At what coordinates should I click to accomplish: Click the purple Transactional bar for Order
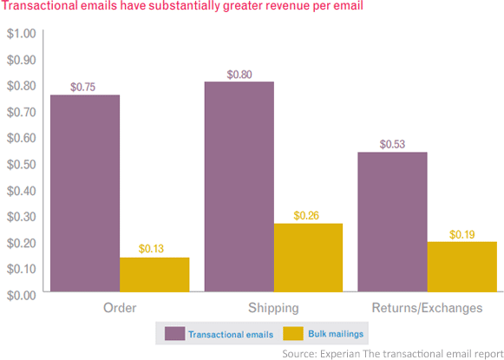click(84, 193)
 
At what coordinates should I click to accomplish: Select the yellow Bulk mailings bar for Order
click(154, 275)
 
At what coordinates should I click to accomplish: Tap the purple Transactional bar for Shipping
click(239, 187)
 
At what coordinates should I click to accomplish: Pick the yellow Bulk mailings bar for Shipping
click(308, 258)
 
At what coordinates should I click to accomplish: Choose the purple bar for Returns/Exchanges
click(392, 223)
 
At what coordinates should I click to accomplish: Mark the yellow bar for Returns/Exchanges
click(461, 267)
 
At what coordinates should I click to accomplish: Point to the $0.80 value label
click(239, 74)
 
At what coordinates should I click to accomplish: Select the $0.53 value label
click(392, 144)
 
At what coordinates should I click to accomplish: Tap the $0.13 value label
click(154, 249)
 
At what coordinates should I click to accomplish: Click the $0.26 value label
click(308, 215)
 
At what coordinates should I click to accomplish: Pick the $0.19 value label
click(461, 234)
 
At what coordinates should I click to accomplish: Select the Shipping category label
click(273, 308)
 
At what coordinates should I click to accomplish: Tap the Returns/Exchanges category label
click(427, 308)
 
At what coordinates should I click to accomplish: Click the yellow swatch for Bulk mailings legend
click(291, 333)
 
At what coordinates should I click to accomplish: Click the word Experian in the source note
click(341, 353)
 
